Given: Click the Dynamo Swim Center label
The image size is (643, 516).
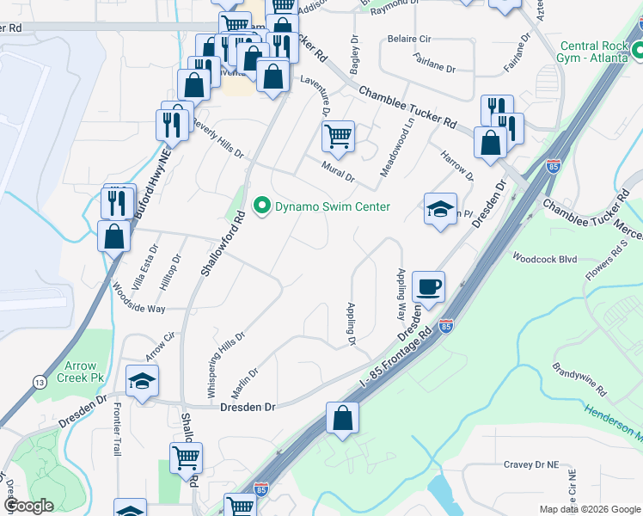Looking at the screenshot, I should coord(332,206).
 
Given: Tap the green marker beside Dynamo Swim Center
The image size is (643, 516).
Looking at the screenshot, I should coord(262,206).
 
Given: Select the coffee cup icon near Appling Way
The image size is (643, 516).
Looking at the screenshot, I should coord(428,286).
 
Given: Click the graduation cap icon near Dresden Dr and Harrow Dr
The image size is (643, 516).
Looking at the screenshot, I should coord(439,210).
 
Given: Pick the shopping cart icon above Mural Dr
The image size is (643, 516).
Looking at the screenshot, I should coord(339,135).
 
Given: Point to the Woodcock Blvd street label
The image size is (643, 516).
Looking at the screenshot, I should coord(543,257).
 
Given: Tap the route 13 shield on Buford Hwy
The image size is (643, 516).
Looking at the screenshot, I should coord(40,382).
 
